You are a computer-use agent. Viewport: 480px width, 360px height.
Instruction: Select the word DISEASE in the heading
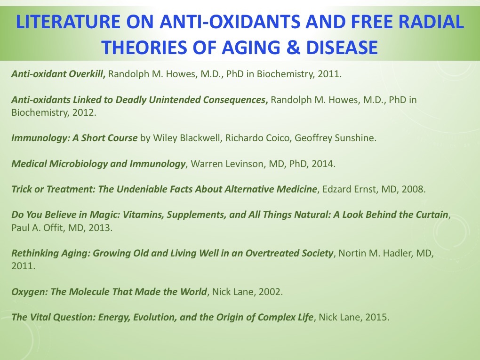tap(342, 48)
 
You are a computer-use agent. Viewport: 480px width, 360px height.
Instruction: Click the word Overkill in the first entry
tap(87, 74)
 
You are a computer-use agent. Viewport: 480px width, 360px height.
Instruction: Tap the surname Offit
tap(53, 228)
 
